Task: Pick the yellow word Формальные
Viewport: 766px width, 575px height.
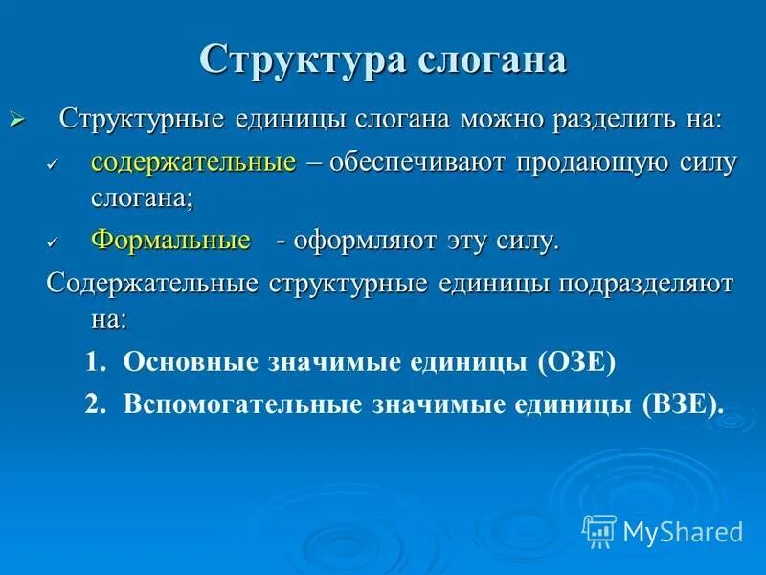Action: (x=171, y=240)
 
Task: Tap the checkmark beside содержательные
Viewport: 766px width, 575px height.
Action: (x=54, y=164)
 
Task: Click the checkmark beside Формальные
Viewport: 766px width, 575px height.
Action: (x=54, y=242)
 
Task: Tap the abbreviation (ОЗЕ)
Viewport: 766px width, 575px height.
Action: (x=578, y=361)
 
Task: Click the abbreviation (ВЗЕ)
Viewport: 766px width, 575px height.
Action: (x=684, y=403)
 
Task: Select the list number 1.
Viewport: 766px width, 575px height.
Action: (x=94, y=361)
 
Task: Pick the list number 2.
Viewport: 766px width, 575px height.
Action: (x=94, y=403)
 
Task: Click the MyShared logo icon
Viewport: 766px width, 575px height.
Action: (x=599, y=529)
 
